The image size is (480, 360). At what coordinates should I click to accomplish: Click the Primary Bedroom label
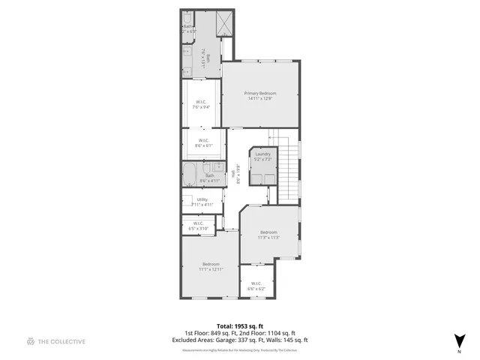coord(260,95)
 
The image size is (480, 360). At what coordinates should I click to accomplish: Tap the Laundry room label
coord(262,157)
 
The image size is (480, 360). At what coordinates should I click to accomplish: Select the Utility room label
coord(202,202)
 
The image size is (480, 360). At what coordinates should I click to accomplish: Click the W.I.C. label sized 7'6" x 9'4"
coord(201,104)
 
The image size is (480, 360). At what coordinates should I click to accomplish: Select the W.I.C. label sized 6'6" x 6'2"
coord(256,286)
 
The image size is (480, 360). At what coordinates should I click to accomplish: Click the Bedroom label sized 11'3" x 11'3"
coord(268,235)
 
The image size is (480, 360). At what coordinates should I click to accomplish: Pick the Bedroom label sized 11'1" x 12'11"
coord(211,266)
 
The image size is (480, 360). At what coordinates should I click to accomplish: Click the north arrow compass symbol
coord(458,339)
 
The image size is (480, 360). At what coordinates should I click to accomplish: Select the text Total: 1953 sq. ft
coord(240,326)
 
